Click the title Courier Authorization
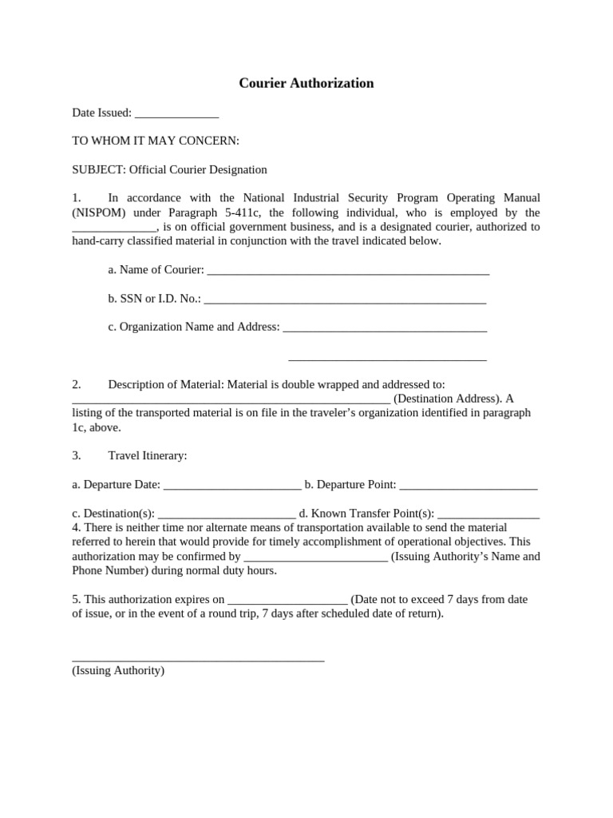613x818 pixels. (306, 83)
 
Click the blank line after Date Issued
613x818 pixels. (176, 114)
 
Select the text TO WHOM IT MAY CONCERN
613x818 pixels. (156, 141)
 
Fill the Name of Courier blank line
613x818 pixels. (347, 271)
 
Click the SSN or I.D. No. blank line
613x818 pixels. (345, 300)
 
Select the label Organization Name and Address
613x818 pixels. (193, 327)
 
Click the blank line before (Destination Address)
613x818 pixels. (231, 399)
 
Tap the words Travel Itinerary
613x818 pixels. (148, 455)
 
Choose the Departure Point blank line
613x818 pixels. (468, 485)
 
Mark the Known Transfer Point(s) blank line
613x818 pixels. (488, 514)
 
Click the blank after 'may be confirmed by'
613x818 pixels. (315, 557)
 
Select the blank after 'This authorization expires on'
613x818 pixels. (287, 600)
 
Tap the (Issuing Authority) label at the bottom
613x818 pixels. (118, 671)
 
